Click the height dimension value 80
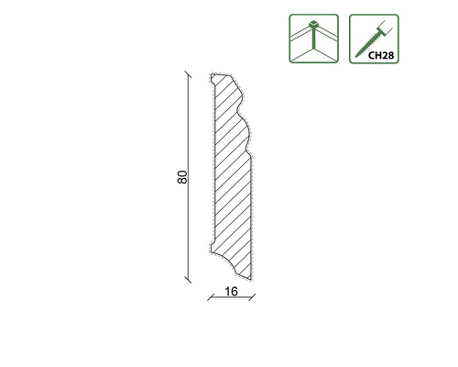click(x=182, y=177)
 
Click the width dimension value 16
click(x=231, y=292)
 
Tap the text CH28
click(x=381, y=55)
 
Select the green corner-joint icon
click(x=314, y=39)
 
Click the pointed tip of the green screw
click(x=355, y=57)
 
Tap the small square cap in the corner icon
click(x=313, y=24)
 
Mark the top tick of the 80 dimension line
click(x=187, y=74)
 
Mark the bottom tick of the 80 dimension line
click(x=188, y=279)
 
